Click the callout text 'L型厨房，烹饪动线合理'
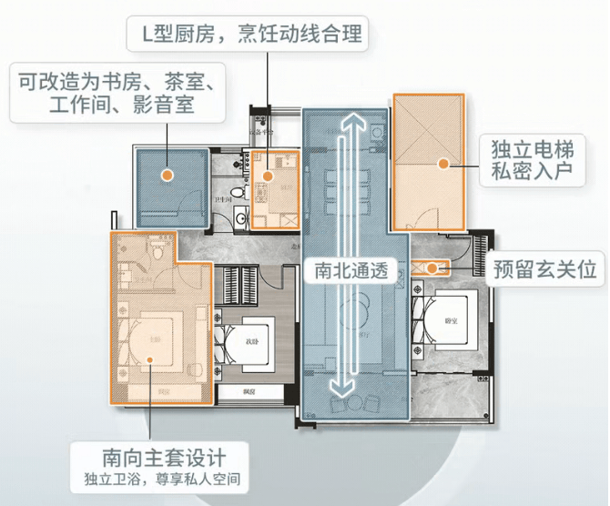point(253,35)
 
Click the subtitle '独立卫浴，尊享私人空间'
point(165,479)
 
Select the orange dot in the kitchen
point(269,176)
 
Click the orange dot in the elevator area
point(442,165)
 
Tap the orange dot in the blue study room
point(168,172)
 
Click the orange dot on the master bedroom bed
point(150,358)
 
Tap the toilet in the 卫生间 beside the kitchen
point(236,194)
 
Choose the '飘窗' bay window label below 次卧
point(249,391)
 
